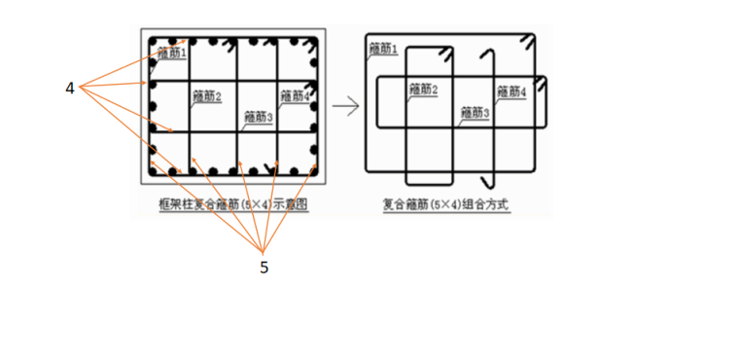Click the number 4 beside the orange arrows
(70, 89)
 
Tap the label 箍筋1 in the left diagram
(172, 54)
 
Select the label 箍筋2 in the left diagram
(207, 96)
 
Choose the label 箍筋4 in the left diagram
(294, 96)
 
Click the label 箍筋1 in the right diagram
(383, 49)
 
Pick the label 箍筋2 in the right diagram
(424, 90)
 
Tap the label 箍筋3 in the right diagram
(475, 113)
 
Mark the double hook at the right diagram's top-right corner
(526, 43)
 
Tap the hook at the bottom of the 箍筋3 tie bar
(490, 182)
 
